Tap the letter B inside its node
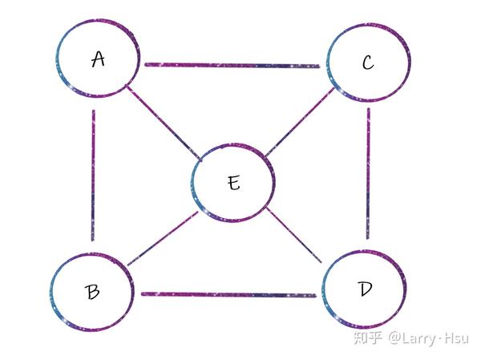tap(93, 291)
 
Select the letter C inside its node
tap(368, 63)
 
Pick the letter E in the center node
tap(233, 183)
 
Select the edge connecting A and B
tap(93, 175)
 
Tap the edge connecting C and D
tap(368, 173)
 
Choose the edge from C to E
tap(300, 123)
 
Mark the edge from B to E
tap(163, 238)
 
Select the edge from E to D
tap(293, 235)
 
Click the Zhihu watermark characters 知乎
tap(369, 338)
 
